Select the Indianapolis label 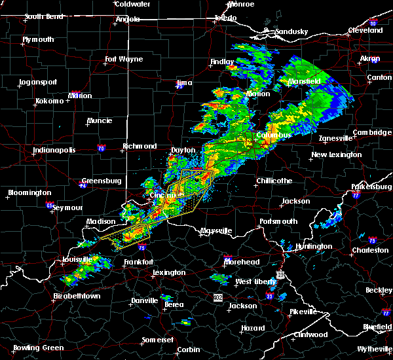pos(54,150)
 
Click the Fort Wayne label pos(124,60)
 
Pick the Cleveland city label pos(365,30)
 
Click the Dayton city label pos(183,150)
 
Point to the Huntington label pos(313,247)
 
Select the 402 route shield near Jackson pos(218,298)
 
